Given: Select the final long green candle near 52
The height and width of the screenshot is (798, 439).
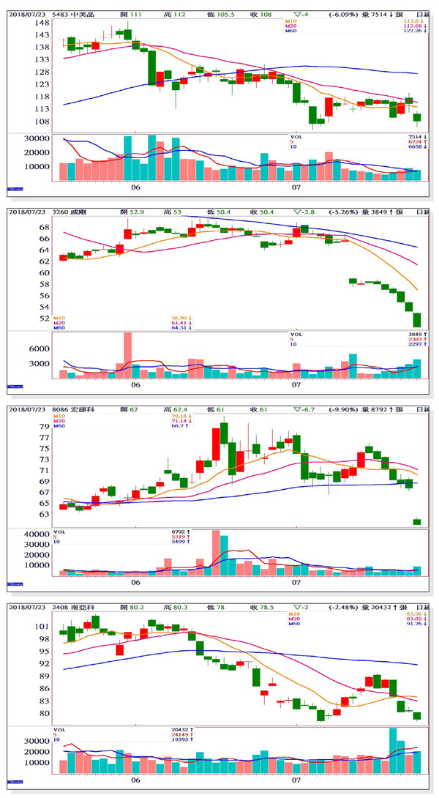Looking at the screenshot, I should tap(417, 319).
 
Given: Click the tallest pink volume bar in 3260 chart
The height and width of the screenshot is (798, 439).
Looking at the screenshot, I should tap(127, 355).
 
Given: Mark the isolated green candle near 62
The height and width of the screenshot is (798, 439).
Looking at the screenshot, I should tap(417, 521).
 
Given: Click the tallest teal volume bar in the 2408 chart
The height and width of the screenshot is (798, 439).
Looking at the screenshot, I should tap(393, 750).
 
